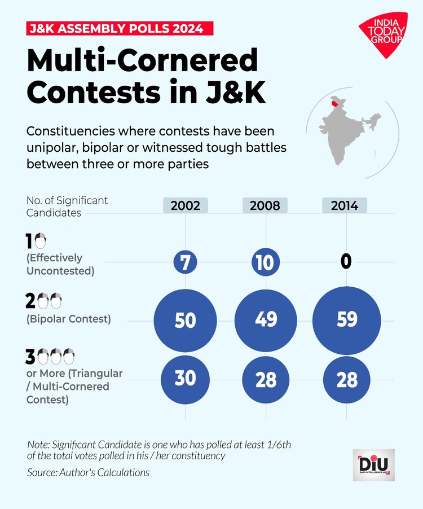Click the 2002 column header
click(x=186, y=205)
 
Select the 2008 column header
click(x=265, y=205)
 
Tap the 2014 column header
click(x=345, y=205)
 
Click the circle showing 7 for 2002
click(x=186, y=262)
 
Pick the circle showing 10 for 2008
click(x=265, y=262)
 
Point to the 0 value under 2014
click(x=346, y=261)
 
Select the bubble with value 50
click(x=186, y=320)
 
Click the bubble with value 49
click(x=265, y=319)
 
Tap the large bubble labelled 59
click(x=346, y=319)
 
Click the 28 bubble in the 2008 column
click(x=265, y=380)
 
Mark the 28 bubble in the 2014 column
click(x=346, y=380)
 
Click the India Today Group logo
click(x=381, y=35)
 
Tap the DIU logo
click(x=374, y=465)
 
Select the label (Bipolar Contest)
click(x=69, y=319)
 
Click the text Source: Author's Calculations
click(x=89, y=472)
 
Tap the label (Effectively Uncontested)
click(x=60, y=264)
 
